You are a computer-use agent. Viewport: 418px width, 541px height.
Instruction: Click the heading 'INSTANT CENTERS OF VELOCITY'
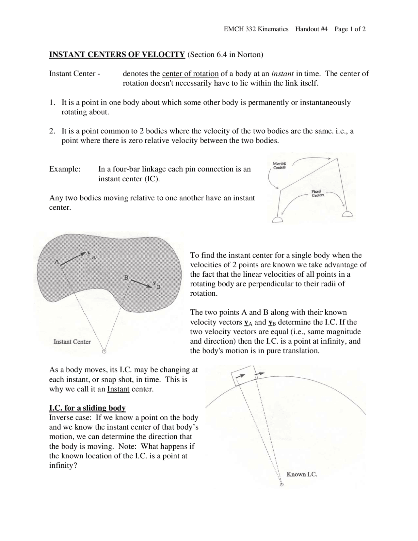pyautogui.click(x=117, y=55)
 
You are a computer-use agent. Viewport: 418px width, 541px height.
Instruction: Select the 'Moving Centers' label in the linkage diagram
pyautogui.click(x=279, y=165)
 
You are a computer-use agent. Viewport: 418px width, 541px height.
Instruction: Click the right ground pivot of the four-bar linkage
pyautogui.click(x=347, y=214)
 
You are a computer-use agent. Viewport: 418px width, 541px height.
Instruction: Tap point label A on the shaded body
pyautogui.click(x=57, y=262)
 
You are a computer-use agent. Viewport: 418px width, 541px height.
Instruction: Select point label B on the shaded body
pyautogui.click(x=126, y=278)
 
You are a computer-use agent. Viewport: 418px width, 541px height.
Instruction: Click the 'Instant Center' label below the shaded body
pyautogui.click(x=72, y=342)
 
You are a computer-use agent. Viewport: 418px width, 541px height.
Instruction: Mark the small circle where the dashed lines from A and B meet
pyautogui.click(x=104, y=352)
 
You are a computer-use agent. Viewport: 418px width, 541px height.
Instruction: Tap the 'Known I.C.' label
pyautogui.click(x=301, y=474)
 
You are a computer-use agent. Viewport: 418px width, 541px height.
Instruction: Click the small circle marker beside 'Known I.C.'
pyautogui.click(x=281, y=485)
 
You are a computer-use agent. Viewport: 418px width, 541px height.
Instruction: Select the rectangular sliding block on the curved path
pyautogui.click(x=242, y=376)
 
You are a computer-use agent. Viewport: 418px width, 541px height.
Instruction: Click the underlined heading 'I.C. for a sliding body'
pyautogui.click(x=87, y=408)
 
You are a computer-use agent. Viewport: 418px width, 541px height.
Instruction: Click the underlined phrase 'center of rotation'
pyautogui.click(x=190, y=74)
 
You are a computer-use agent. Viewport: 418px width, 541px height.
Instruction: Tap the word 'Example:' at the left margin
pyautogui.click(x=65, y=169)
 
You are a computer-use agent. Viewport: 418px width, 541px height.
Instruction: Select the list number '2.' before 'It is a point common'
pyautogui.click(x=52, y=131)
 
